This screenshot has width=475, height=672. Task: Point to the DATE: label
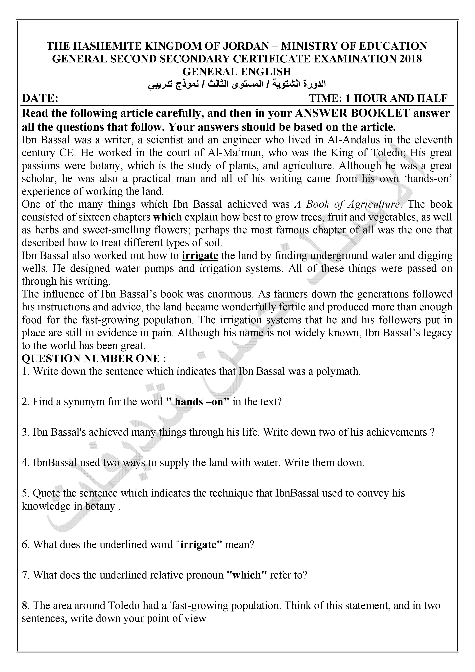40,98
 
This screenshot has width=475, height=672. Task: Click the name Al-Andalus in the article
353,140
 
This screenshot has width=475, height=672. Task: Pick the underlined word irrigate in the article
200,256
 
